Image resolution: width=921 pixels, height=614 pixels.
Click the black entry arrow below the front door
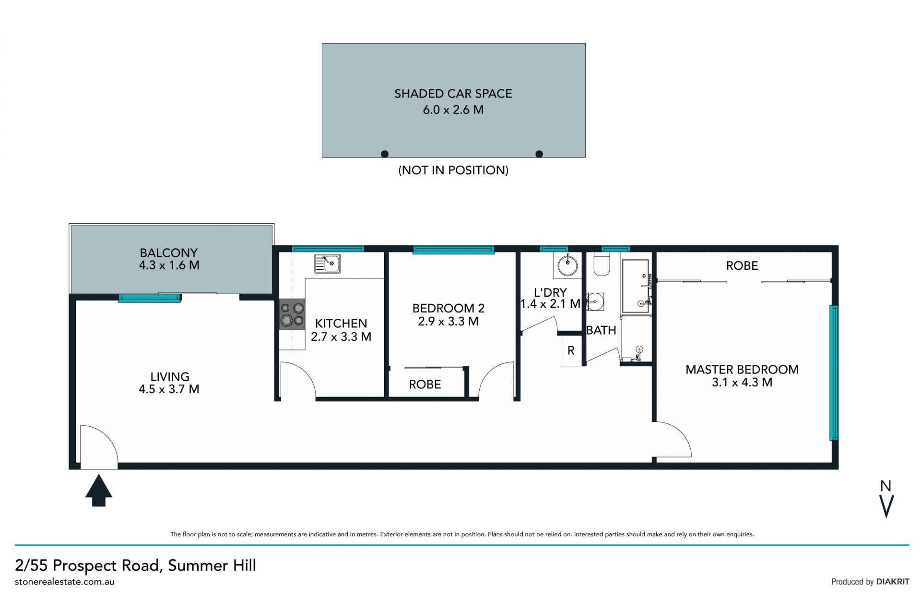[99, 490]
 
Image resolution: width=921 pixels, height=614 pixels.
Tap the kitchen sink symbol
[328, 264]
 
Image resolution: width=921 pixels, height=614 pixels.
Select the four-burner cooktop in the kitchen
[292, 314]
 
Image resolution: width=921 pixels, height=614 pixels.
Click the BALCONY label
[169, 253]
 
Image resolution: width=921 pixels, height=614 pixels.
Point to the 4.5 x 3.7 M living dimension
[169, 389]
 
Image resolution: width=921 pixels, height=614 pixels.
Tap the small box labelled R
[571, 350]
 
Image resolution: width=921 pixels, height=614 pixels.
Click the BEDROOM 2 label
[449, 308]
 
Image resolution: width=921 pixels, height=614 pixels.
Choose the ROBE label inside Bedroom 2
[425, 384]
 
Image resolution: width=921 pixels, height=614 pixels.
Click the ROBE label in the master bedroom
[742, 265]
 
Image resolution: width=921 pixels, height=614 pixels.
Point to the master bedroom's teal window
[834, 373]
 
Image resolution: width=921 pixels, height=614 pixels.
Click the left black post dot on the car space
[385, 154]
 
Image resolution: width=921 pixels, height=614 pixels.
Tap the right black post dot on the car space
[539, 154]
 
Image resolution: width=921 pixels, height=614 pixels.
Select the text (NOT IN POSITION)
[453, 170]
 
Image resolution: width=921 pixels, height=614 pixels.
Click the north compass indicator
[886, 499]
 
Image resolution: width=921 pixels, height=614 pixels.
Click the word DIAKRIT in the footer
[893, 581]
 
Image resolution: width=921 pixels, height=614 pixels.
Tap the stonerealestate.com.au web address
[65, 581]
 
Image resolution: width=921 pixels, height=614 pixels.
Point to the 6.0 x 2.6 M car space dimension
[453, 109]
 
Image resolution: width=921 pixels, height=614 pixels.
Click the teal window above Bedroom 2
[453, 250]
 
